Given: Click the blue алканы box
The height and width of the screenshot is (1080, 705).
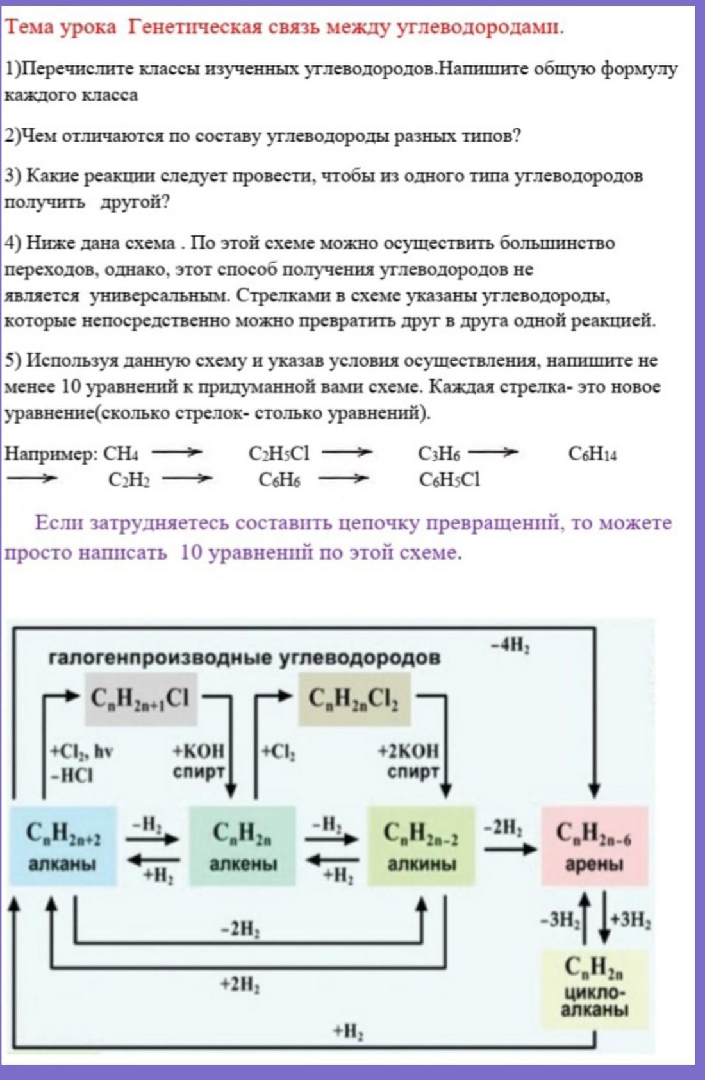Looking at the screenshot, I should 62,846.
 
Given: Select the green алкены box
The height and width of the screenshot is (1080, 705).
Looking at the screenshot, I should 242,846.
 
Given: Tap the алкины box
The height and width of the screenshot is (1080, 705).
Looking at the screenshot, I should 421,846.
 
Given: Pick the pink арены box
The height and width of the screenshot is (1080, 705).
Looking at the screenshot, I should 594,846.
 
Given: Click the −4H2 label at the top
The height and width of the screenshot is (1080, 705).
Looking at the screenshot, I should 510,645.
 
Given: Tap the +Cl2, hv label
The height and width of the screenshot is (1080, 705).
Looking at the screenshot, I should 82,751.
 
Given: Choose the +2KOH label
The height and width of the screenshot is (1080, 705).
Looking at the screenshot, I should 408,751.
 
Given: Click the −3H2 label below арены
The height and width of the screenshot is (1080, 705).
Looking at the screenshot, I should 560,920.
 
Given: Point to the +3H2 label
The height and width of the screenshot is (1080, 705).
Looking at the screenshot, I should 631,920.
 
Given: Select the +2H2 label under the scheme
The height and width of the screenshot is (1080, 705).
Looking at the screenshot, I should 240,984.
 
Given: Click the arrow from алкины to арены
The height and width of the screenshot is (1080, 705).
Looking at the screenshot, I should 510,849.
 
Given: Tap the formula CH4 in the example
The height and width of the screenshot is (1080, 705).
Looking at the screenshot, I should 120,454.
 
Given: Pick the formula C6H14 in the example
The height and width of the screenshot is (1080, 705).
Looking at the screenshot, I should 592,454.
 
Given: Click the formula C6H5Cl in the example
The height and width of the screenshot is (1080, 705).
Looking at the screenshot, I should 449,479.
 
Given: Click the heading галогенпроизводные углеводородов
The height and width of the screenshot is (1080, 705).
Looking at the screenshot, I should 244,658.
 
